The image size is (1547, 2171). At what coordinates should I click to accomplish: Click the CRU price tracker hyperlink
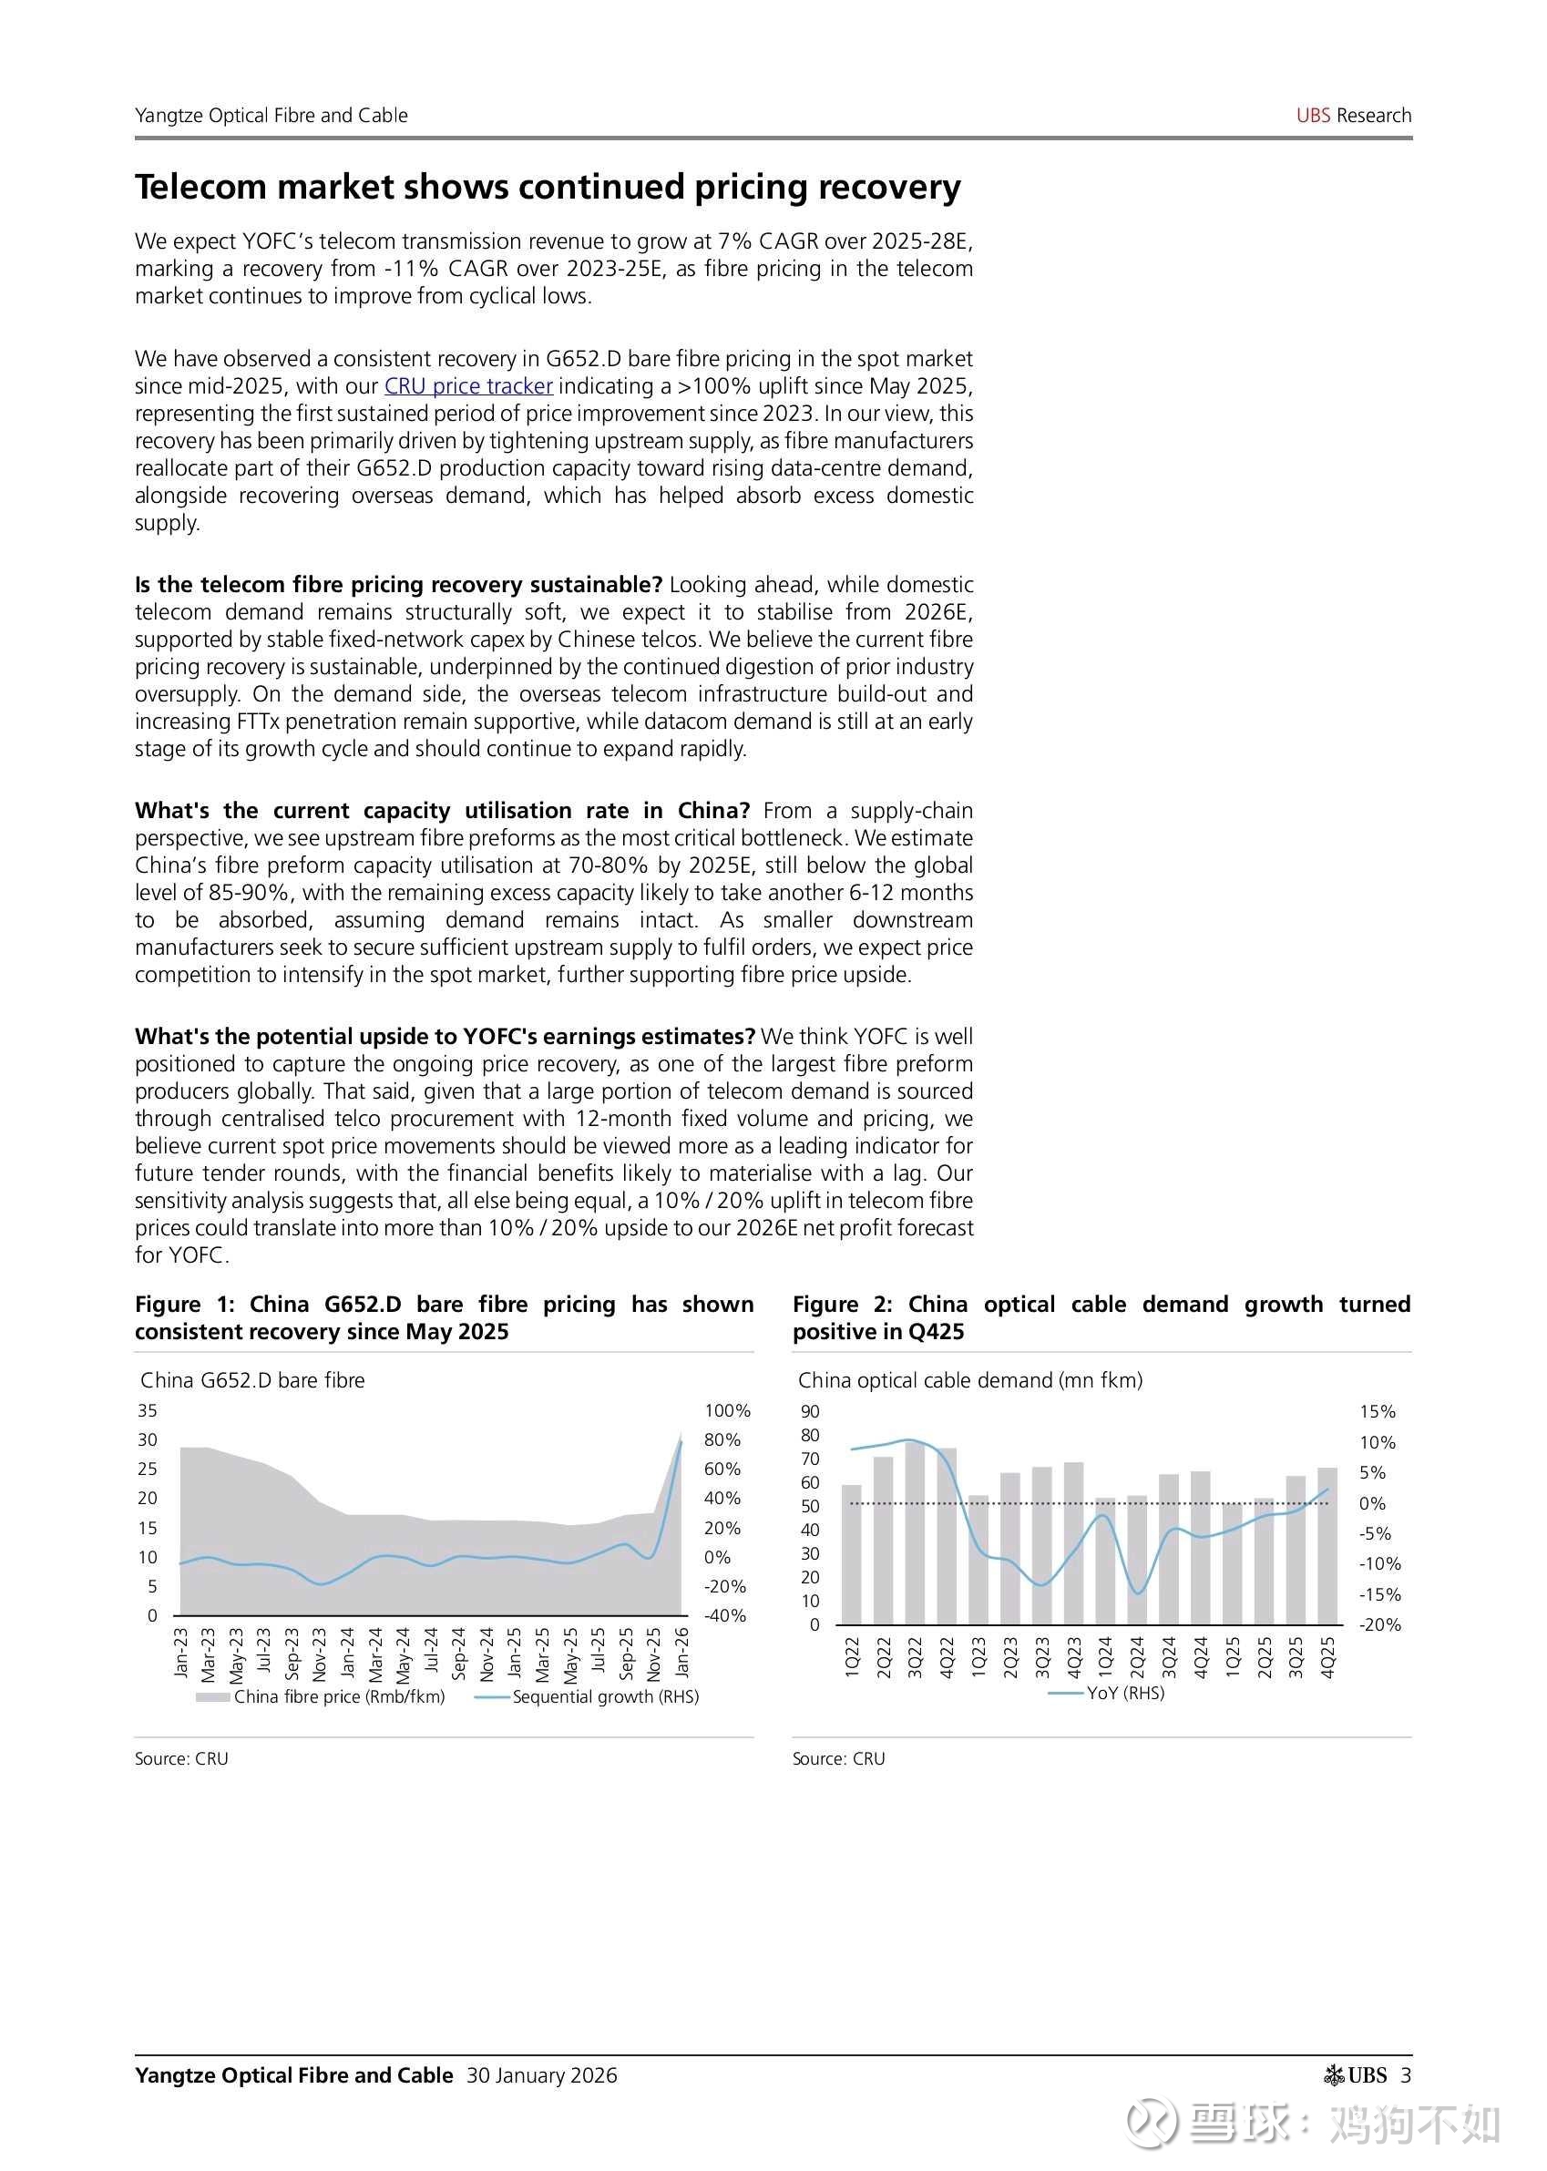tap(467, 385)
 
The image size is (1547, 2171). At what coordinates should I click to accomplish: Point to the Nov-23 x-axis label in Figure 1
tap(320, 1653)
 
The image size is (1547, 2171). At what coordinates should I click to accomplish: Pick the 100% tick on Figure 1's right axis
tap(727, 1411)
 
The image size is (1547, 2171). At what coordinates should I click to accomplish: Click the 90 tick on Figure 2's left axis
tap(810, 1412)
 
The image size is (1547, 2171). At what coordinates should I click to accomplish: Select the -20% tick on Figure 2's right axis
tap(1380, 1625)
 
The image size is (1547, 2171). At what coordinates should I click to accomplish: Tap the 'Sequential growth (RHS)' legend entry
tap(605, 1696)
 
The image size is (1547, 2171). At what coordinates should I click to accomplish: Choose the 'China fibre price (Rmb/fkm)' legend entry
tap(339, 1696)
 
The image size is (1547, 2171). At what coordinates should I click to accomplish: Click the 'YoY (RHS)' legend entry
tap(1125, 1693)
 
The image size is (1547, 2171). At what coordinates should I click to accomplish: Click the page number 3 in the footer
tap(1406, 2074)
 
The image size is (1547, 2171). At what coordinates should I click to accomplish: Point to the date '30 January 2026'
tap(541, 2074)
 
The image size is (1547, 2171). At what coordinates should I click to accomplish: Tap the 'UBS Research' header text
tap(1353, 116)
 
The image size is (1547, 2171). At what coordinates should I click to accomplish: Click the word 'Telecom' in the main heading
tap(200, 187)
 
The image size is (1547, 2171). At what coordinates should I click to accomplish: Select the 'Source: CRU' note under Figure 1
tap(181, 1758)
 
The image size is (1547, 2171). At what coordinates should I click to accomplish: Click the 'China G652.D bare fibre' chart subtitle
tap(252, 1380)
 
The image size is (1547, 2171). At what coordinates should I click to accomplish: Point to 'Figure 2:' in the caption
tap(842, 1304)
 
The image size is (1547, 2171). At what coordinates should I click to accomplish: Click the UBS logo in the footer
tap(1357, 2074)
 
